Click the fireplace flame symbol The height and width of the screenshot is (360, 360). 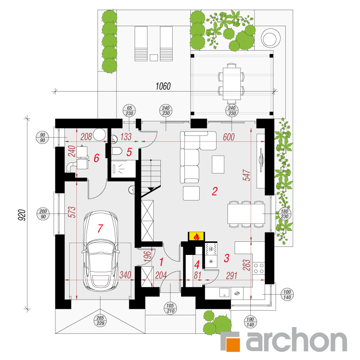point(197,236)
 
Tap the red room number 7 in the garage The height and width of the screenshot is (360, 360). point(100,228)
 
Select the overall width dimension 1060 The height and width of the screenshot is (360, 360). point(163,87)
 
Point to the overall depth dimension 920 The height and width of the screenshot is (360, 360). point(22,215)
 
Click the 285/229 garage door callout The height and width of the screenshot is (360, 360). point(100,320)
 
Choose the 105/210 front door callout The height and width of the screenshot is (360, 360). point(170,308)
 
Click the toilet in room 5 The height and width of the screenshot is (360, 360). point(117,151)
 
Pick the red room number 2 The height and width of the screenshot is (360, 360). point(215,191)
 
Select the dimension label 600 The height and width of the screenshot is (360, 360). point(229,137)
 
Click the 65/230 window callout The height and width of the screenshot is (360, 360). point(130,111)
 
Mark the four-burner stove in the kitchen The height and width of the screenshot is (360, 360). point(259,268)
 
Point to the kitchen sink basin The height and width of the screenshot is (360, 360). point(224,293)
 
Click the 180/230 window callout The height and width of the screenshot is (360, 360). point(284,214)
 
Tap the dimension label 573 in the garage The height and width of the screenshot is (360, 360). point(72,212)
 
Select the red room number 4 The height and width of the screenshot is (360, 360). point(197,265)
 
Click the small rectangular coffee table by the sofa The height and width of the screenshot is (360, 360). point(218,165)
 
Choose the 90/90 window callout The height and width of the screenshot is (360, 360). point(42,137)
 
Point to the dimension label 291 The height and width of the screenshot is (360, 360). point(232,276)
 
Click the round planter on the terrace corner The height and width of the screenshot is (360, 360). point(271,38)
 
